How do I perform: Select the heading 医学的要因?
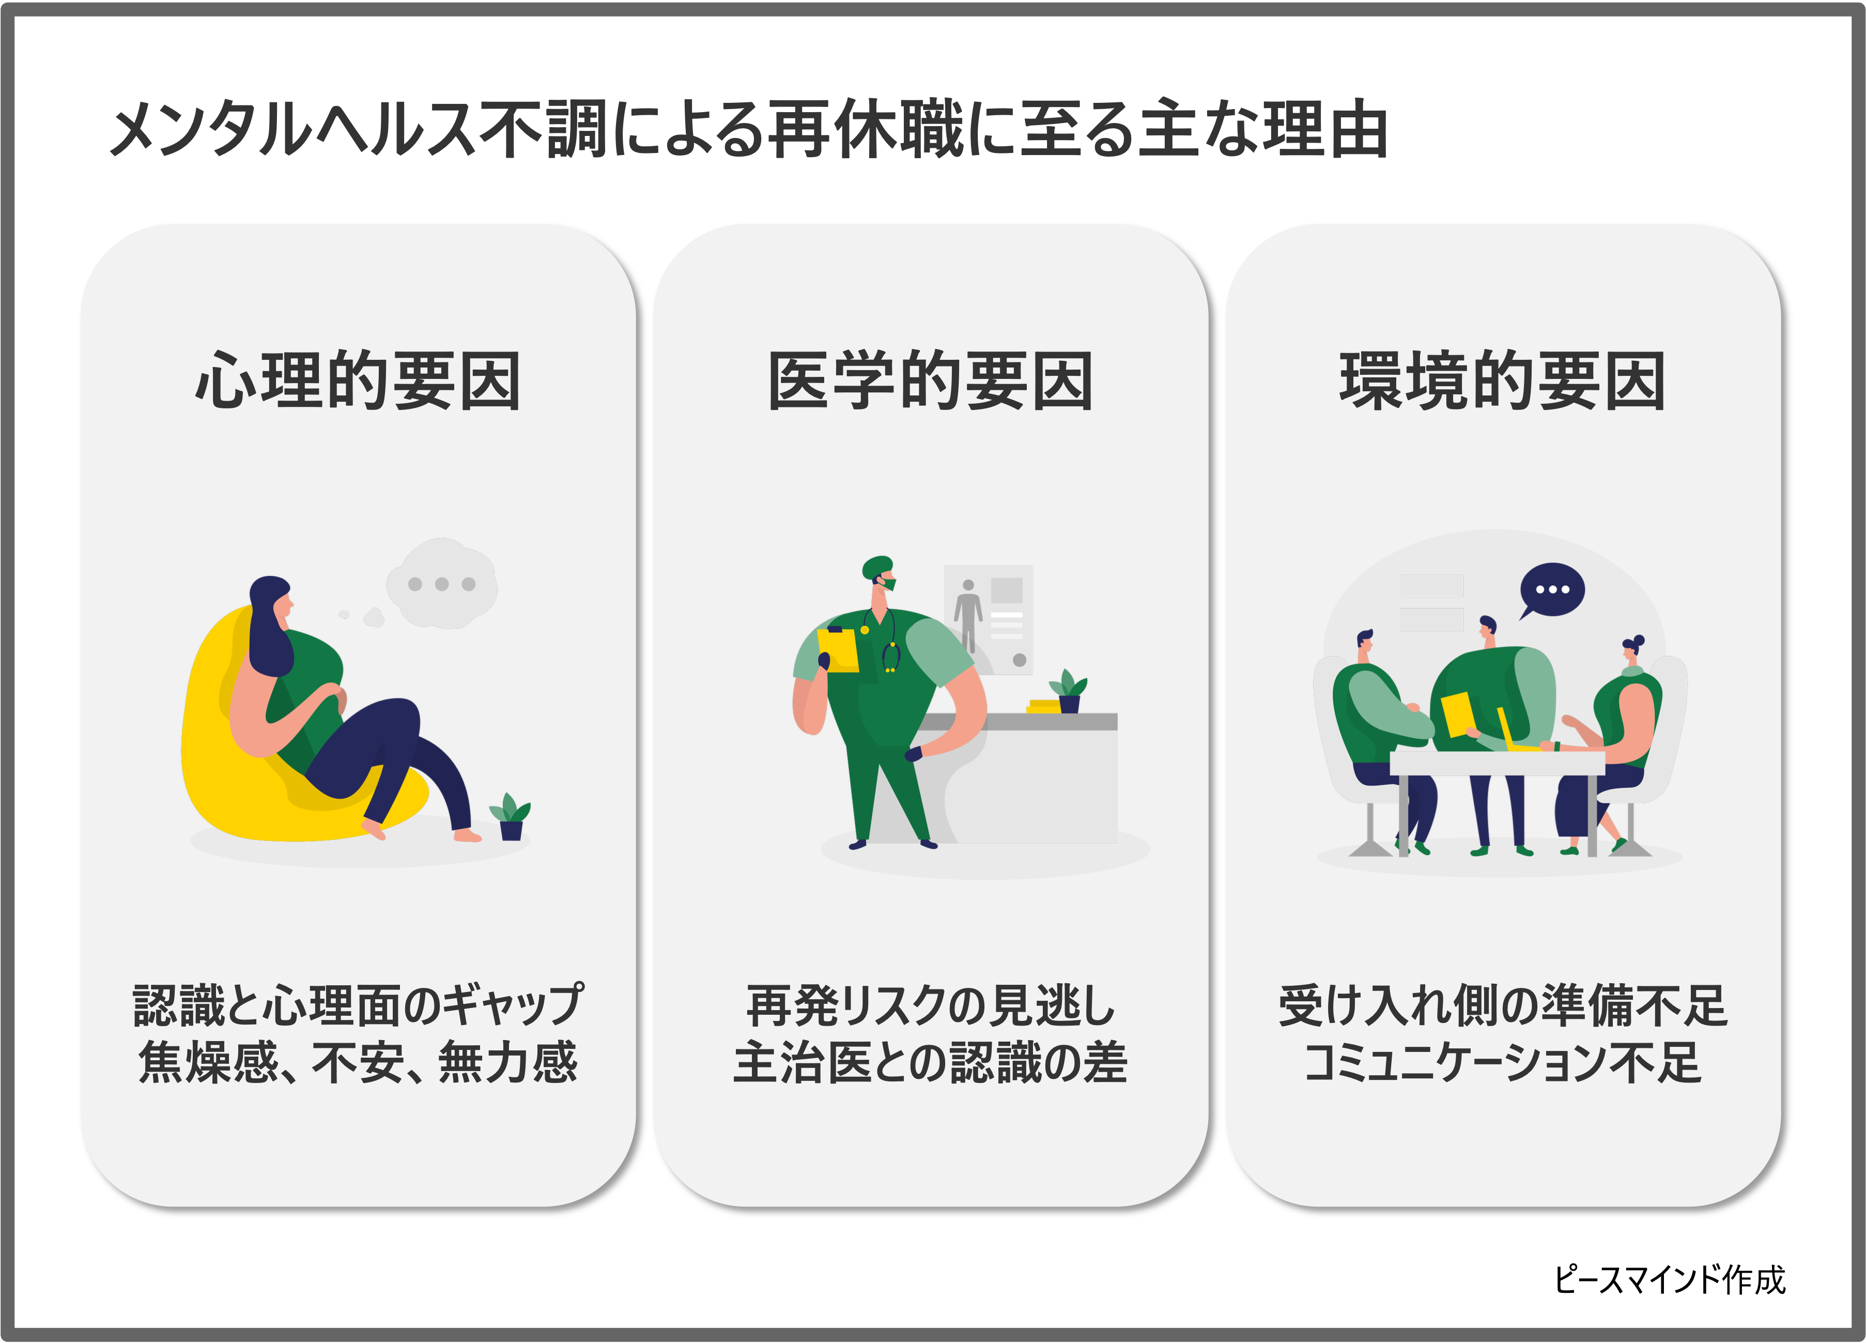(931, 380)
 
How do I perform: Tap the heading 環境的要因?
(1502, 380)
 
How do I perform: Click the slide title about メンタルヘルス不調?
(749, 129)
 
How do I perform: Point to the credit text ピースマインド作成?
(1669, 1279)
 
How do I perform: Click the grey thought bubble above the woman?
(442, 584)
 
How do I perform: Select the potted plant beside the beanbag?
(511, 816)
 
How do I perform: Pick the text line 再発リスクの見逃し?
(931, 1005)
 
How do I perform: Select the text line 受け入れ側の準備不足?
(1502, 1005)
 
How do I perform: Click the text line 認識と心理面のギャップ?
(358, 1005)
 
